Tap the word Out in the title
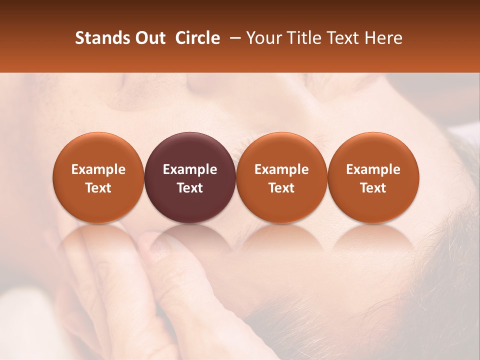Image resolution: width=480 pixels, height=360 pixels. (149, 38)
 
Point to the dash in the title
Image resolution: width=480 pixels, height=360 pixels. (233, 38)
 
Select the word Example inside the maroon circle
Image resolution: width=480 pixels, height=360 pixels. (190, 169)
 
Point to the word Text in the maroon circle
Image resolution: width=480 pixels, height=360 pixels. (190, 188)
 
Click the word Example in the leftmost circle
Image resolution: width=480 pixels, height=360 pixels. (98, 169)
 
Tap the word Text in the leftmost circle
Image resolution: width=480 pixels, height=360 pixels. (98, 188)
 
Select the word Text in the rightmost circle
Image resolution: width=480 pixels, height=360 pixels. (373, 188)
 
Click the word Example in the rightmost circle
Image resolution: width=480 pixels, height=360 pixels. (373, 169)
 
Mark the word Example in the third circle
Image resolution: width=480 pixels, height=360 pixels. (281, 169)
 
